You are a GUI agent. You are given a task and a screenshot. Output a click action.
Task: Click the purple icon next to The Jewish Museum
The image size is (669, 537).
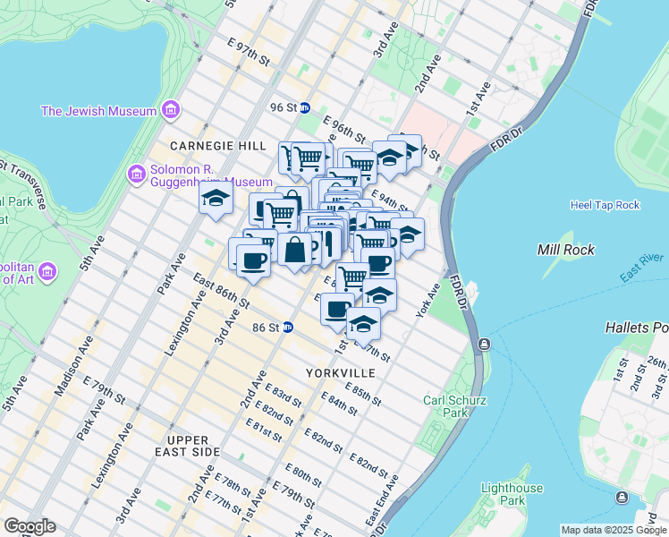tap(170, 111)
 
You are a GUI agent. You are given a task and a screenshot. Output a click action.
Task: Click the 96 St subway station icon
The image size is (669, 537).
tap(304, 107)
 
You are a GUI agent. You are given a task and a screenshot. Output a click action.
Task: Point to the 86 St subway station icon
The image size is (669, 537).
tap(288, 327)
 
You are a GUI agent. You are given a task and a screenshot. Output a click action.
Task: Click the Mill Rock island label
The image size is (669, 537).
tap(565, 249)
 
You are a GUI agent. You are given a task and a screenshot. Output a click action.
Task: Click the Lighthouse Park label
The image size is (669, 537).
tap(511, 494)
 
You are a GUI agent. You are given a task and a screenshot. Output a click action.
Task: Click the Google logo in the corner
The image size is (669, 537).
tap(30, 526)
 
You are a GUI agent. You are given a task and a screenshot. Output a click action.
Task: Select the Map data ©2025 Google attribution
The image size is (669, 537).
tap(614, 530)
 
